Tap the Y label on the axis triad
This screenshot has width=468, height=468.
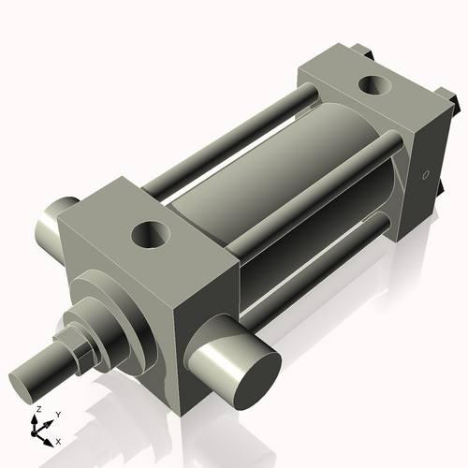57,414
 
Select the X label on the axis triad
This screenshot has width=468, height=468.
59,440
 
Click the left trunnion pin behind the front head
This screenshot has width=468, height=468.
52,221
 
